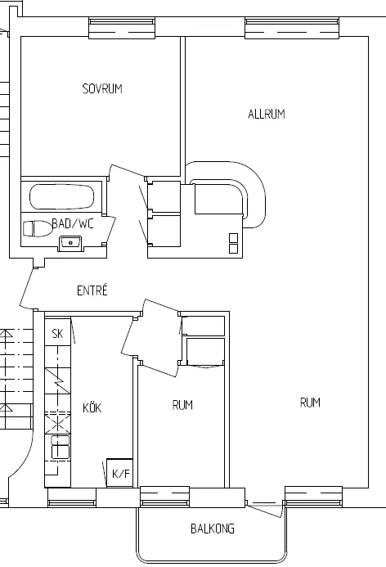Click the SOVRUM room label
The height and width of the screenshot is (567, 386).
102,88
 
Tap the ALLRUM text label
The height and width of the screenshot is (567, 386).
267,115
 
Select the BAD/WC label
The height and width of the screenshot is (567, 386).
73,223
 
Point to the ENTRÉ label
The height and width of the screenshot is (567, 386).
92,290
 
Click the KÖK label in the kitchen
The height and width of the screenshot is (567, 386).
92,407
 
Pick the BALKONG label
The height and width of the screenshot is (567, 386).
213,529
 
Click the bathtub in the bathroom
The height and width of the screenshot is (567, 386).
61,197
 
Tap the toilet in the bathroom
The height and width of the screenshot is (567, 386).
38,229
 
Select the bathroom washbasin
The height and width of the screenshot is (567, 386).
71,243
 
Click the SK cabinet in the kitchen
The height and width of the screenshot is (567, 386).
57,332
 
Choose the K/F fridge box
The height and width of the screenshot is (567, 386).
120,474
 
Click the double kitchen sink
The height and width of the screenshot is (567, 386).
60,448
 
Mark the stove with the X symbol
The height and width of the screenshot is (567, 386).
57,423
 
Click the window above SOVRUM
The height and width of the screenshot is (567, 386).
122,28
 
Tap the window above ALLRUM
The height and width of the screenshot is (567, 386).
292,28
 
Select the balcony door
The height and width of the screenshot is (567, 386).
265,509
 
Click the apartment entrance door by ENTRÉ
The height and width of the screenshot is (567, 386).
27,289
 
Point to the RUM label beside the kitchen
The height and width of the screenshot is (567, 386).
182,405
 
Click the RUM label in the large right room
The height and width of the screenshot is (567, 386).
310,402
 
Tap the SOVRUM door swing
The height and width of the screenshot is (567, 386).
127,172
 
